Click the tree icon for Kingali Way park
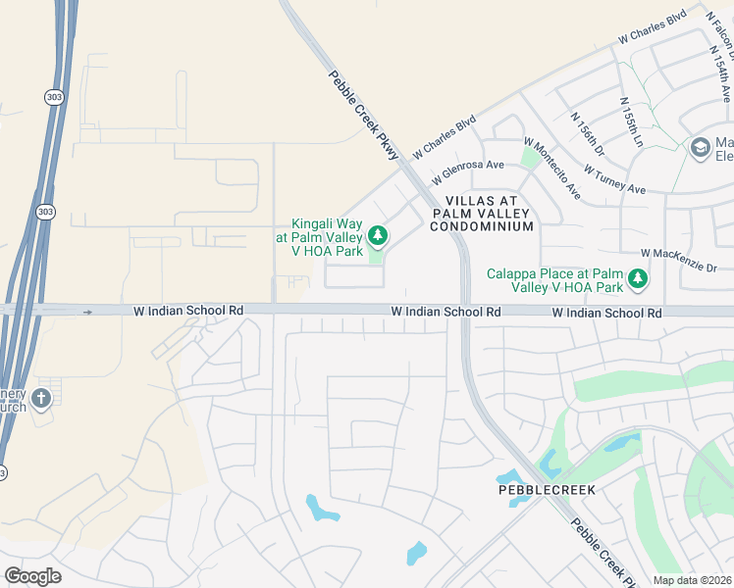pyautogui.click(x=377, y=236)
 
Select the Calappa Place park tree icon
pyautogui.click(x=638, y=279)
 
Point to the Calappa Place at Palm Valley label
pyautogui.click(x=555, y=280)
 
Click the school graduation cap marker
pyautogui.click(x=700, y=147)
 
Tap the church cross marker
pyautogui.click(x=40, y=398)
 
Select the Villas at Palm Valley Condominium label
pyautogui.click(x=481, y=213)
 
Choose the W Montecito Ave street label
pyautogui.click(x=553, y=168)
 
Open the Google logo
pyautogui.click(x=32, y=576)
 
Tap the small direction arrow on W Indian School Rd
pyautogui.click(x=87, y=312)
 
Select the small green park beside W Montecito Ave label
pyautogui.click(x=530, y=157)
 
